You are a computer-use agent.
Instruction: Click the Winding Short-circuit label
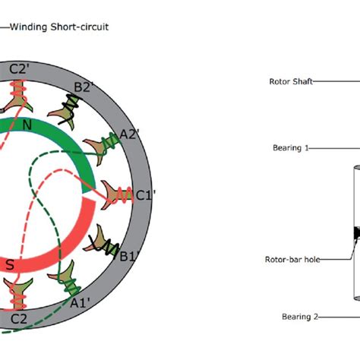58,27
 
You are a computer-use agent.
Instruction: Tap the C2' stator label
20,69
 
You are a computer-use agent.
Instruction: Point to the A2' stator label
131,134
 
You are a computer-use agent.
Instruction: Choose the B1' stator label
130,254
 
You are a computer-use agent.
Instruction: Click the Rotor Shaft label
291,81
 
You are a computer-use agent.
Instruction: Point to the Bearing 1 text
291,148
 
